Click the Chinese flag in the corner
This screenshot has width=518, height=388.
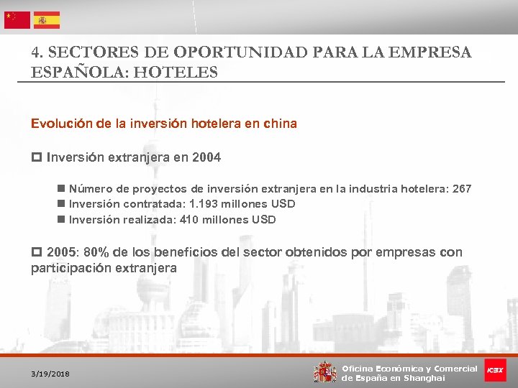coord(17,20)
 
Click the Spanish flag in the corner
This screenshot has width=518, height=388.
coord(47,20)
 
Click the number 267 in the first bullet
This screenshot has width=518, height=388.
coord(461,188)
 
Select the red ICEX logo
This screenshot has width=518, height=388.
coord(494,370)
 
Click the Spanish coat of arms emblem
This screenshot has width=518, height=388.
coord(325,371)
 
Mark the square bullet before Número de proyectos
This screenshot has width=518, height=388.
coord(61,189)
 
